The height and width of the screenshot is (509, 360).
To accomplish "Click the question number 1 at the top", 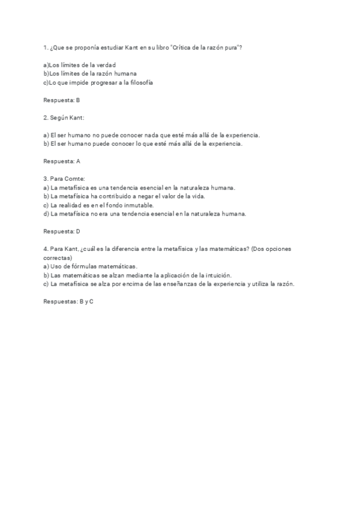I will pos(46,47).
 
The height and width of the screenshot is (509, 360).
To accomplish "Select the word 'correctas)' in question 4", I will pos(58,257).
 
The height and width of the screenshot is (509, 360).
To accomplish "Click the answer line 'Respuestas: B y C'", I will pos(68,301).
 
